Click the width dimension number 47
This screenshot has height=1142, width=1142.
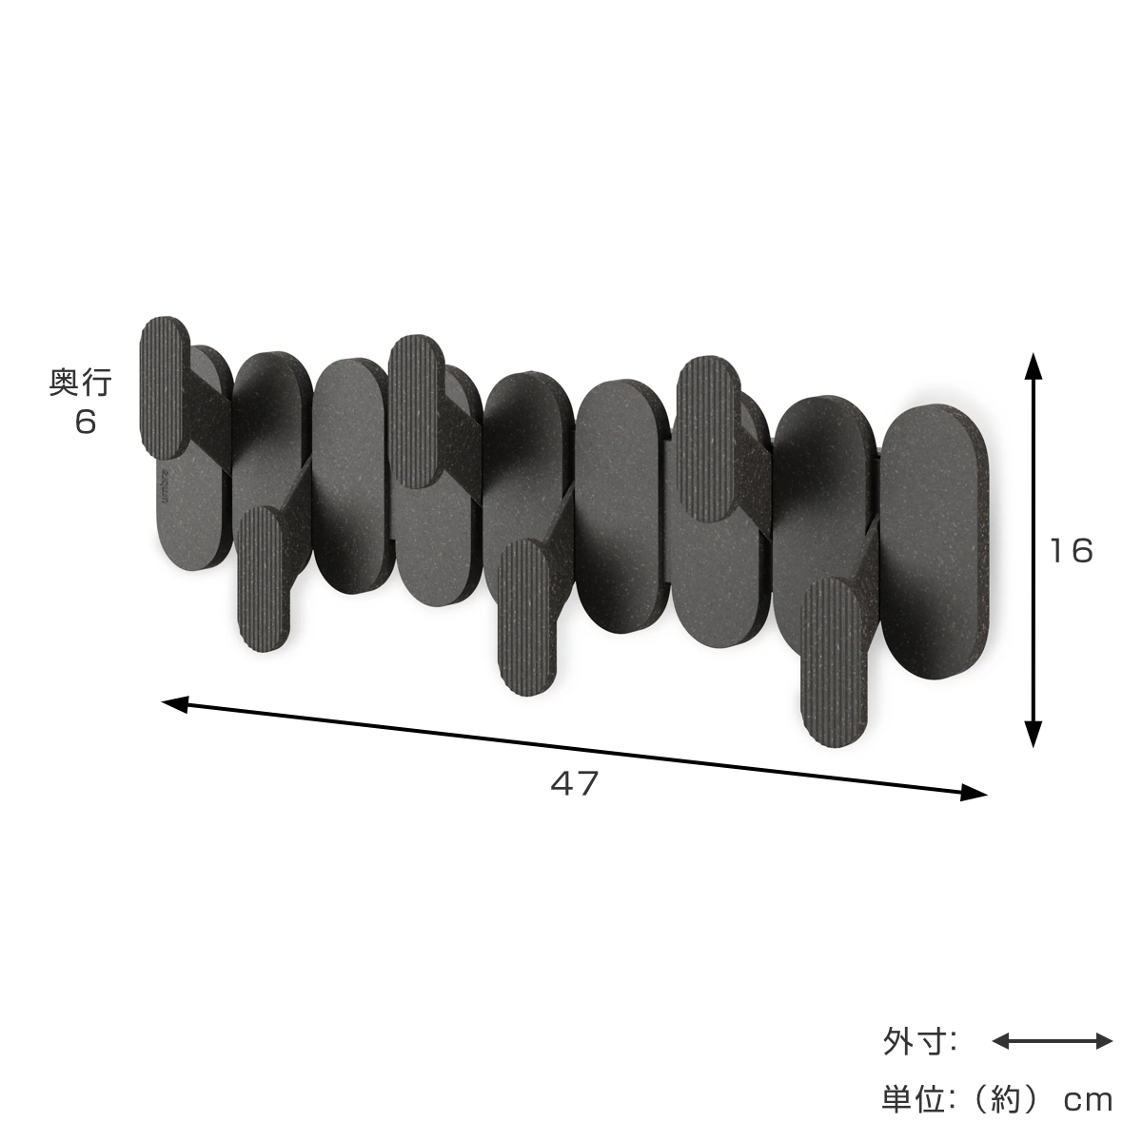pyautogui.click(x=574, y=783)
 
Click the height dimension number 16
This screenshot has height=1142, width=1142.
pyautogui.click(x=1070, y=551)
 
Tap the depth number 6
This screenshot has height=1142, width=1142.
pyautogui.click(x=86, y=422)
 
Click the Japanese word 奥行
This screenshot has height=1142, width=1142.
pyautogui.click(x=80, y=383)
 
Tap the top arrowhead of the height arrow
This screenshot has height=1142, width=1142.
pyautogui.click(x=1033, y=366)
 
